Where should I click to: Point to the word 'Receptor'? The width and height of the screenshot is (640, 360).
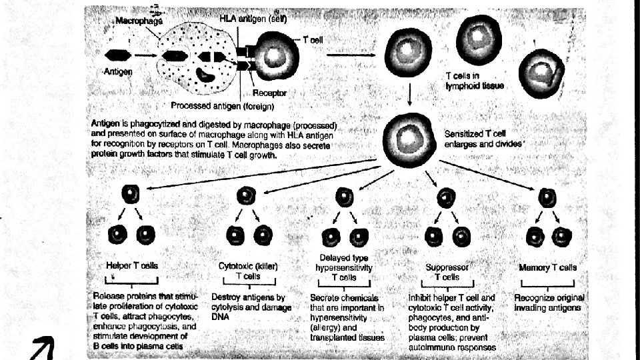(269, 93)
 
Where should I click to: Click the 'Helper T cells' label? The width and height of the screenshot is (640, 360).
(132, 265)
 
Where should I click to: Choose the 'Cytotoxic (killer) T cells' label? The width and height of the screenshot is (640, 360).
(248, 270)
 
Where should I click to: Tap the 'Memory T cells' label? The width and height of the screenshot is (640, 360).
(547, 267)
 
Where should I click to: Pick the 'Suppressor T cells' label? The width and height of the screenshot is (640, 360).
(447, 272)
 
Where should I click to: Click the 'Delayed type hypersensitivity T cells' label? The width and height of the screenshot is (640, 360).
(344, 267)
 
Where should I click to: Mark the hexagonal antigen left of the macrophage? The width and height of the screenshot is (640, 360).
(117, 55)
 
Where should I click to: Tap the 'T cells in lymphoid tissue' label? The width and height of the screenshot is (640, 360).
(475, 81)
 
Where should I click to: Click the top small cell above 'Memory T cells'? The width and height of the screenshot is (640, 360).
(547, 197)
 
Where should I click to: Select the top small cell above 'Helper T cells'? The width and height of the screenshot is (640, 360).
(131, 195)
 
